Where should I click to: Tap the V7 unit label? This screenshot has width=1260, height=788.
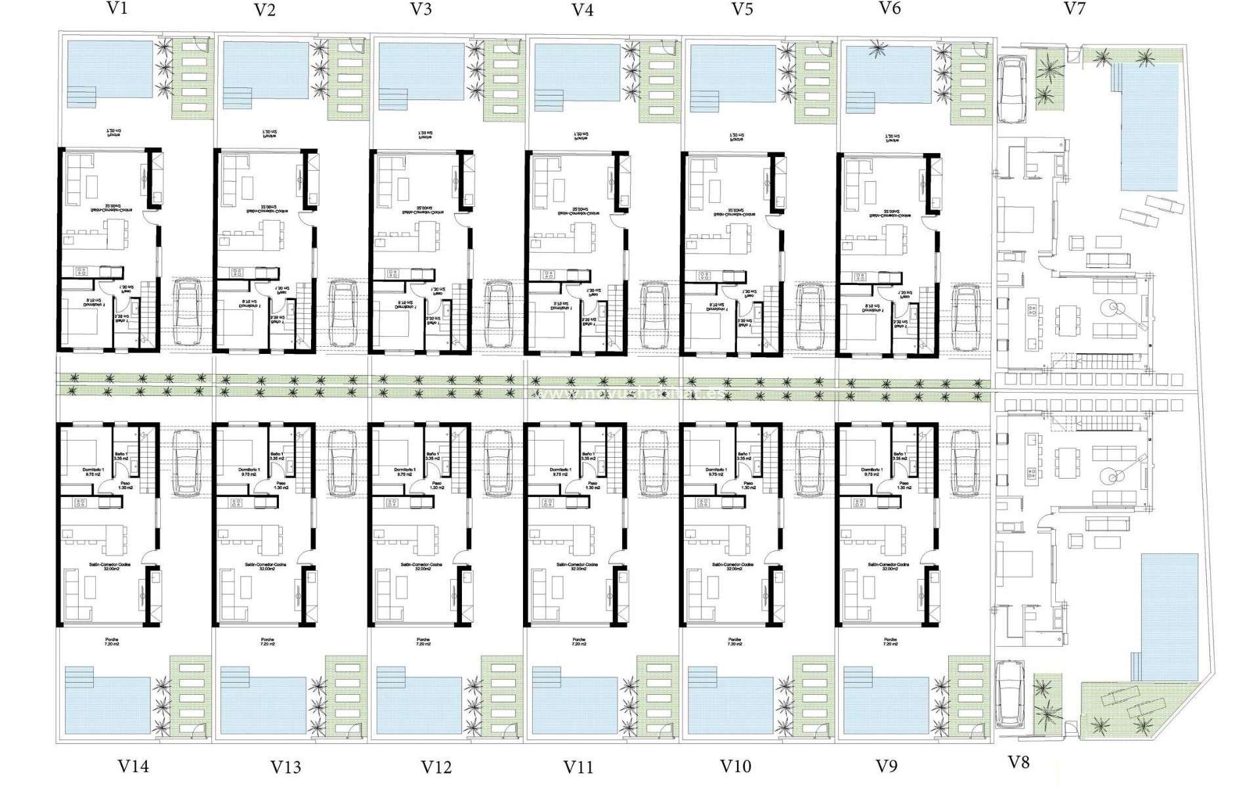(x=1074, y=9)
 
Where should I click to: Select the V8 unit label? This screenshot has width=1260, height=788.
(x=1018, y=762)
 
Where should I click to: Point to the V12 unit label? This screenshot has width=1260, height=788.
(x=436, y=767)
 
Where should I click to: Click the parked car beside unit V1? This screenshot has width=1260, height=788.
(x=186, y=313)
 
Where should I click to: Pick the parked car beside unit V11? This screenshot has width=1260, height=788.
(x=654, y=462)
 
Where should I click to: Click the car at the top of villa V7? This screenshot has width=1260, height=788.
(x=1010, y=89)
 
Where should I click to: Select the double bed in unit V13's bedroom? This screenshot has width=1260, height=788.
(x=237, y=451)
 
